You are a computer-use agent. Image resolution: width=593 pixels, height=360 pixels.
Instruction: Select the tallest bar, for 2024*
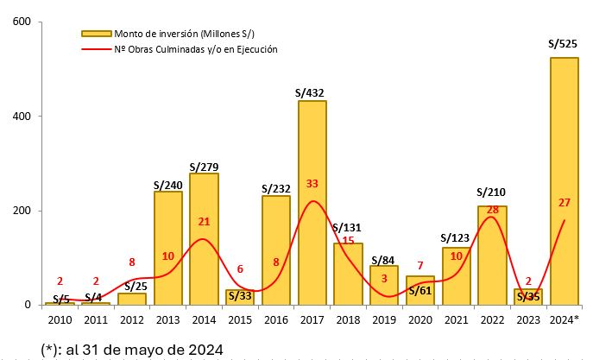(564, 181)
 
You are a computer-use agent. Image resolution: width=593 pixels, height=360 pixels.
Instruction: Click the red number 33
(312, 183)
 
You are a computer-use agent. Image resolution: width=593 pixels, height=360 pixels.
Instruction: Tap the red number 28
(493, 211)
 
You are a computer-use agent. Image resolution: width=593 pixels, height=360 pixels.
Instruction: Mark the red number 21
(205, 222)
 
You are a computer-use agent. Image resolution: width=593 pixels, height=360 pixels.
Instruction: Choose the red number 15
(348, 240)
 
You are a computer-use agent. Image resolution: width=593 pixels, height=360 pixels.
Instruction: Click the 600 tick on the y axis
(21, 22)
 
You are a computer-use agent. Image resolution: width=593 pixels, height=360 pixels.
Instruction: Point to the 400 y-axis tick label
(21, 117)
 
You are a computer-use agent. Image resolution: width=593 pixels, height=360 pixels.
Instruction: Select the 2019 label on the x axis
(384, 320)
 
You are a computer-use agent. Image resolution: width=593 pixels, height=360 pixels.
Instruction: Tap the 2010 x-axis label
(60, 320)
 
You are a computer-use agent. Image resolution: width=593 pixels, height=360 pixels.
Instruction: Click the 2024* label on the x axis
(565, 320)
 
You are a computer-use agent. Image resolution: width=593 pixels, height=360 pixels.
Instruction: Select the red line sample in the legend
(97, 50)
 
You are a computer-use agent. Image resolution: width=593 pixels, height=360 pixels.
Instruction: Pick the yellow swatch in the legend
(97, 34)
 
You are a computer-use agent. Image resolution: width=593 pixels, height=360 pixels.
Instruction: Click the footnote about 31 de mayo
(132, 348)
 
